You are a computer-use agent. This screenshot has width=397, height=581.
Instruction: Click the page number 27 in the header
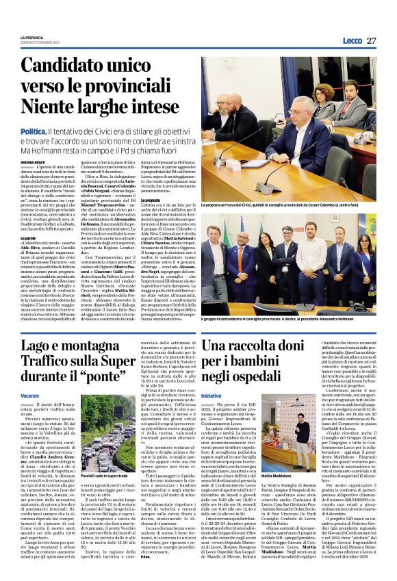(x=371, y=41)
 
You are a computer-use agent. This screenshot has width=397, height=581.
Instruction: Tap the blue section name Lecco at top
(x=353, y=41)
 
